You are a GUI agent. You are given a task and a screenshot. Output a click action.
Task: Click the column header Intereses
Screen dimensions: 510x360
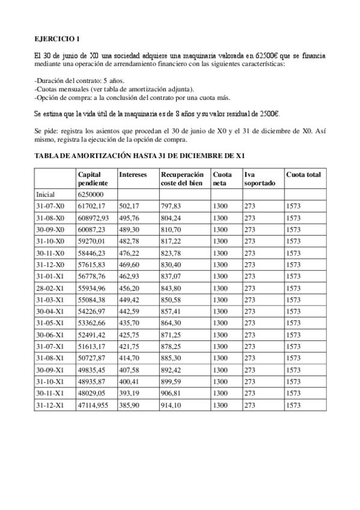[133, 174]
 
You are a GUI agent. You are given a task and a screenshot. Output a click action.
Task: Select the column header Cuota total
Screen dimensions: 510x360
[304, 174]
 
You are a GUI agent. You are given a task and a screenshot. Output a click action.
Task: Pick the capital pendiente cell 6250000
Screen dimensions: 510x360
[91, 195]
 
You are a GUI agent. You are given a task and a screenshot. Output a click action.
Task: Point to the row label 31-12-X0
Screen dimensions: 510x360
[50, 264]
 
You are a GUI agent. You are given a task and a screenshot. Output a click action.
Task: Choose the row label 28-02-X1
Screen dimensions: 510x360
[50, 287]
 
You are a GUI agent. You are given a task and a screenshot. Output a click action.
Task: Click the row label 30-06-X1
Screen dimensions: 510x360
[50, 335]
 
